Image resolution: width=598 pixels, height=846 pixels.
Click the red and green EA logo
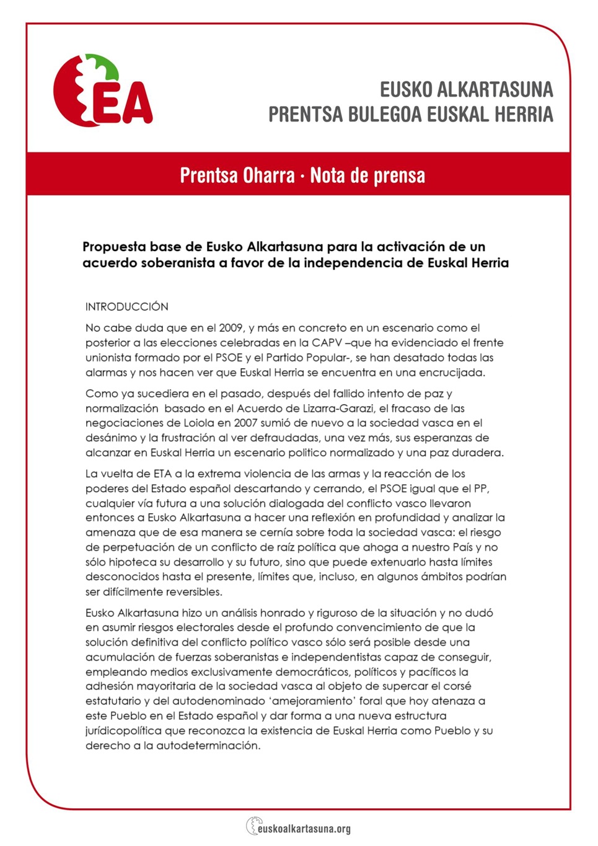click(x=102, y=92)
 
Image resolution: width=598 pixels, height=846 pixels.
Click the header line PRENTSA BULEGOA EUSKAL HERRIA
click(x=410, y=115)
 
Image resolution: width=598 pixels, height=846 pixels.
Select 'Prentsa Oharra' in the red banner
click(x=237, y=175)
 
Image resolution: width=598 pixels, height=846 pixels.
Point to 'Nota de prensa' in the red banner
click(x=367, y=175)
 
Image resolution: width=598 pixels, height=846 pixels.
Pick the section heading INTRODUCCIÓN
click(x=126, y=307)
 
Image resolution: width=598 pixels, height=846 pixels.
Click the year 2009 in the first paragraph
click(x=231, y=328)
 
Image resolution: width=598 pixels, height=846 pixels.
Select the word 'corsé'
click(x=457, y=686)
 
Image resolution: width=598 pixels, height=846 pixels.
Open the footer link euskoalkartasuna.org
click(x=304, y=828)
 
